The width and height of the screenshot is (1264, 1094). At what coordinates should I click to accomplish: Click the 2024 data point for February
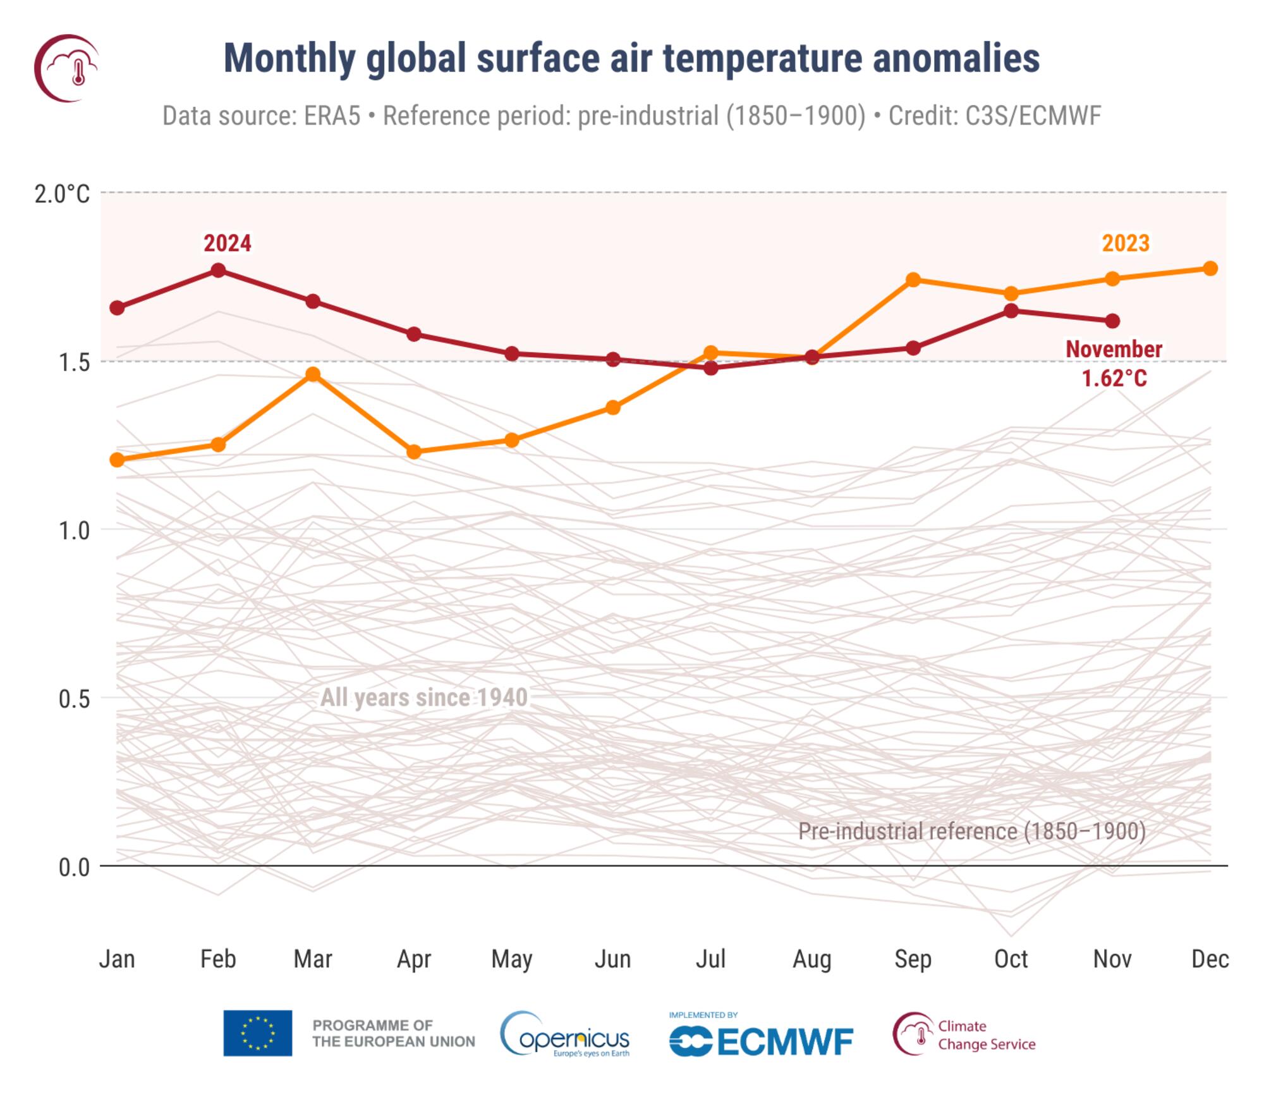pos(218,271)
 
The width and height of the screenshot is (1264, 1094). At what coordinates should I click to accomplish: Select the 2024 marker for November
pos(1112,321)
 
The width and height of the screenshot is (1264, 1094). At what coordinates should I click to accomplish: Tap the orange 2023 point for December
pos(1210,269)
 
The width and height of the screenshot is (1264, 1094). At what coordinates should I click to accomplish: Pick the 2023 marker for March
pos(312,374)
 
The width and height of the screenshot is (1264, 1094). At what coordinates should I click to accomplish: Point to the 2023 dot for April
pos(414,452)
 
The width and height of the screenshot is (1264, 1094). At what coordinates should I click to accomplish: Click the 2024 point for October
pos(1011,310)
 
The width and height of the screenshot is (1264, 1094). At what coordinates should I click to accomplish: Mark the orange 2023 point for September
pos(913,280)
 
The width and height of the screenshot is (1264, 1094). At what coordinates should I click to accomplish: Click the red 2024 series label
pos(227,243)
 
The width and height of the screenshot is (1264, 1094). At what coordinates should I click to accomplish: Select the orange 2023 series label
pos(1126,243)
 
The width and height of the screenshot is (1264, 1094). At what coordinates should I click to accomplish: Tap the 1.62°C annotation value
pos(1114,379)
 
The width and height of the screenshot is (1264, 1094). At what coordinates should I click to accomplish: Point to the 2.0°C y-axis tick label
pos(62,194)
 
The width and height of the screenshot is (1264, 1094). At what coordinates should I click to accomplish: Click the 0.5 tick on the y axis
pos(73,699)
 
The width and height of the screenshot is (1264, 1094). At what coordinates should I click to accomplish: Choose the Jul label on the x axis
pos(710,959)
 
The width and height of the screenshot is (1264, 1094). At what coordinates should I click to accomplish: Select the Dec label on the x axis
pos(1210,959)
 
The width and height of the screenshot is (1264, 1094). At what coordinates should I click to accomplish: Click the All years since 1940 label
pos(423,698)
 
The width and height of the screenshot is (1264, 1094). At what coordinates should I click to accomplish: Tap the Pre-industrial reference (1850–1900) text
pos(971,831)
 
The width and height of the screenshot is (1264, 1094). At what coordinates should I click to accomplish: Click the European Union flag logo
pos(257,1033)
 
